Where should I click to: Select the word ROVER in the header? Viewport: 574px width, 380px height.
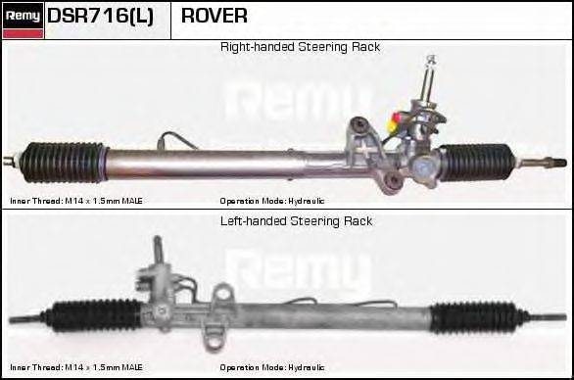pos(214,17)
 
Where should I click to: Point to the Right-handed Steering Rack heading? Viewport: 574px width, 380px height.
pos(300,47)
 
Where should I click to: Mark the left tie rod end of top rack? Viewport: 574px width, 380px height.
pos(12,158)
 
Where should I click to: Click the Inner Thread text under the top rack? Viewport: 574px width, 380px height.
pos(76,201)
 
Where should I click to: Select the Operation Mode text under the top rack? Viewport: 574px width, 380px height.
pos(272,201)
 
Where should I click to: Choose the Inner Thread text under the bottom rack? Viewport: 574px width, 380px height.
pos(76,367)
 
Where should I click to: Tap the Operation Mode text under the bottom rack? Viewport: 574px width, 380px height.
pos(272,367)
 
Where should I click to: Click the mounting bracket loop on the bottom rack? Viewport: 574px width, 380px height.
pos(224,292)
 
